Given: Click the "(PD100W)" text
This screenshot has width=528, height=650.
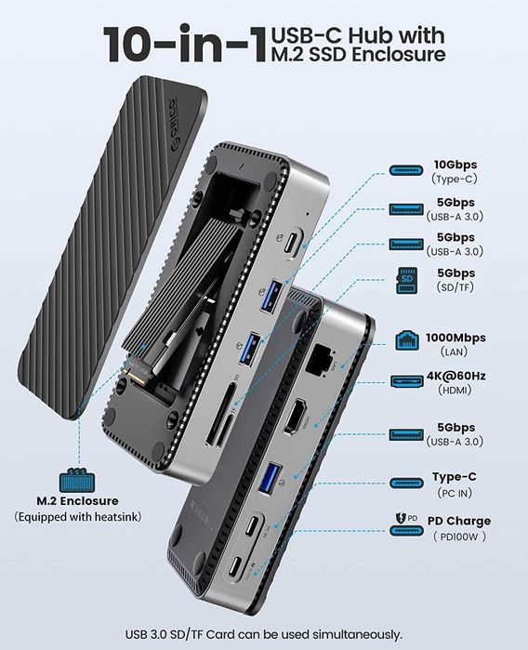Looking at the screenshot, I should [x=458, y=536].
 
